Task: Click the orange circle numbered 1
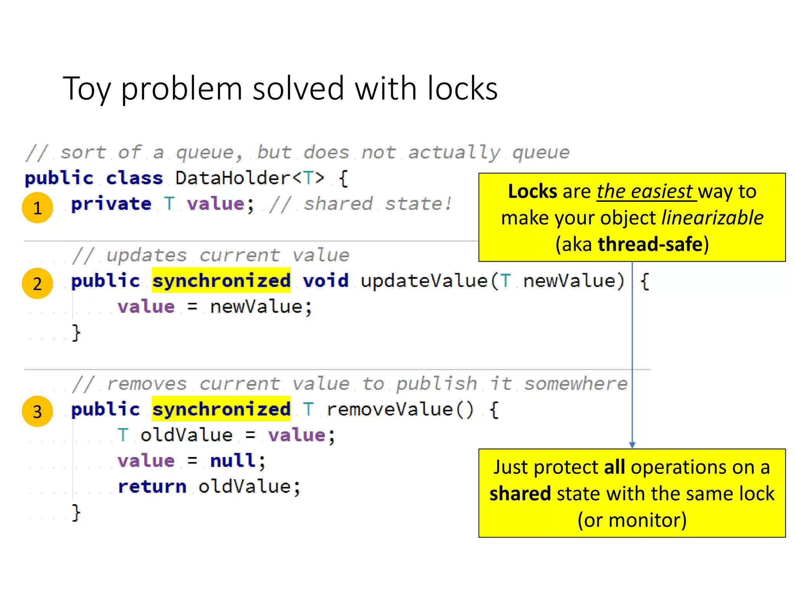coord(37,208)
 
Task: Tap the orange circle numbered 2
coord(37,283)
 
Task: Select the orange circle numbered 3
coord(37,411)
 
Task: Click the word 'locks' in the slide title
coord(462,89)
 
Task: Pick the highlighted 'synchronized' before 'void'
coord(221,281)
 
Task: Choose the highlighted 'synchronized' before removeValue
coord(221,409)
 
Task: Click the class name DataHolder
coord(233,178)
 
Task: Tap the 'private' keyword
coord(111,204)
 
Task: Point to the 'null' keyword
coord(233,461)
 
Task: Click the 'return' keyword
coord(152,486)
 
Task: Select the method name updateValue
coord(424,281)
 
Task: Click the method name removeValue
coord(390,409)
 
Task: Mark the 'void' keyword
coord(326,281)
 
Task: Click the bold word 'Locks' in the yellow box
coord(533,191)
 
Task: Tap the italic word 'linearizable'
coord(712,218)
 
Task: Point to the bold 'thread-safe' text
coord(651,244)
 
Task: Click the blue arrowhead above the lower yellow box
coord(632,445)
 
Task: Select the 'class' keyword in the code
coord(134,178)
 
